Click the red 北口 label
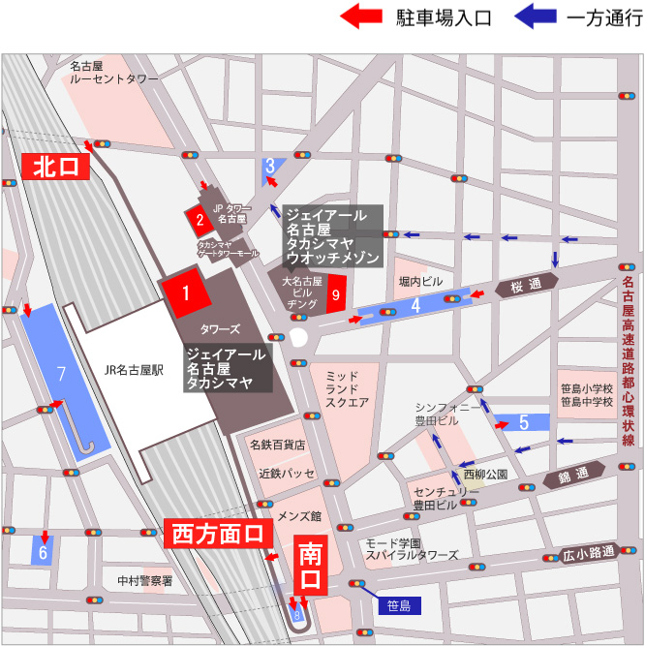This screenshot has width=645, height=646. tap(55, 167)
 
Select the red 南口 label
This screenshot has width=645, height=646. tap(309, 568)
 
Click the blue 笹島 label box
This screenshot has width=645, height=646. tap(397, 606)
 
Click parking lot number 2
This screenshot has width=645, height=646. tap(199, 220)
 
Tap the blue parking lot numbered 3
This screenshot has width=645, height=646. tap(270, 166)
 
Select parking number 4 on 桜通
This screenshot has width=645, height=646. tap(415, 305)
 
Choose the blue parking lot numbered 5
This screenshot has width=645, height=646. tap(523, 422)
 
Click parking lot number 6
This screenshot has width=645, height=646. tap(43, 553)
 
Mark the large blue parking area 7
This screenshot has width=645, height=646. tap(60, 373)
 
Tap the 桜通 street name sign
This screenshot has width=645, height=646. tap(526, 286)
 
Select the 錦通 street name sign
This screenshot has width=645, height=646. tap(572, 474)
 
